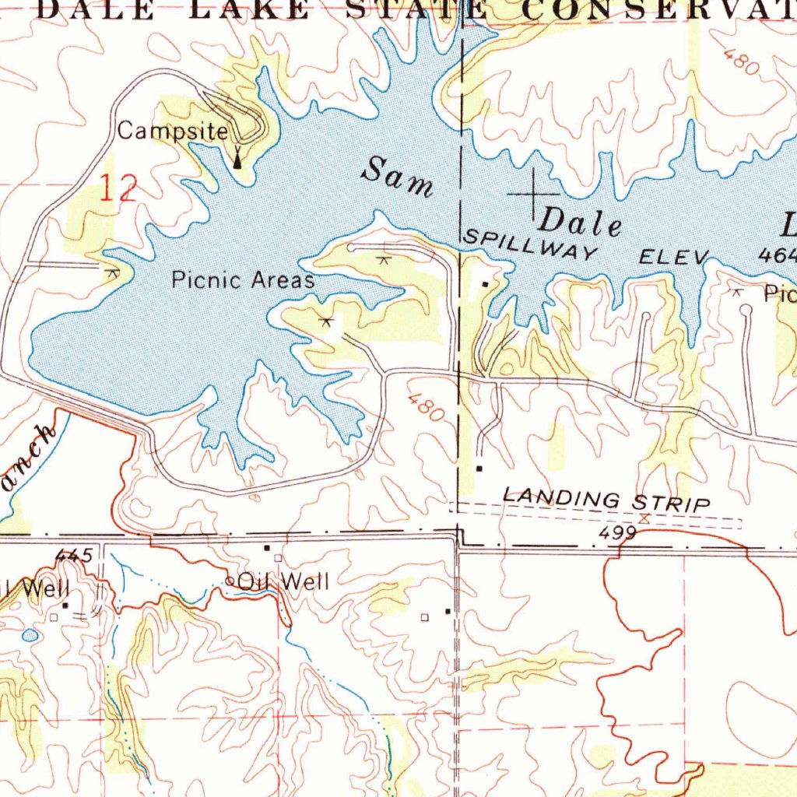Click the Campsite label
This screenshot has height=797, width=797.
click(x=173, y=132)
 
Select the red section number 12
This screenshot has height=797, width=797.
click(x=118, y=189)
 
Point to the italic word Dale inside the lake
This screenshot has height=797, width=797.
click(x=582, y=223)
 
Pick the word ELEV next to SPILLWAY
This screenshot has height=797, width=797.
click(x=674, y=257)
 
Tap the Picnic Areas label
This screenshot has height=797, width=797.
click(x=243, y=279)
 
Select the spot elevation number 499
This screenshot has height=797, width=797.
click(x=619, y=533)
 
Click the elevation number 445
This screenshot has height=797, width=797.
click(x=75, y=555)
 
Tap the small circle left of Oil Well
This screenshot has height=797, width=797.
click(x=230, y=581)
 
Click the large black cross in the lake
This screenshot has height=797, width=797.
click(x=534, y=194)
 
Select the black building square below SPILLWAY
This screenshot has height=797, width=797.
click(x=485, y=284)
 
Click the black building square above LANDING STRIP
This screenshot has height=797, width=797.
click(x=479, y=469)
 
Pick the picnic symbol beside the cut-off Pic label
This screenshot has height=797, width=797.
click(x=736, y=292)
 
